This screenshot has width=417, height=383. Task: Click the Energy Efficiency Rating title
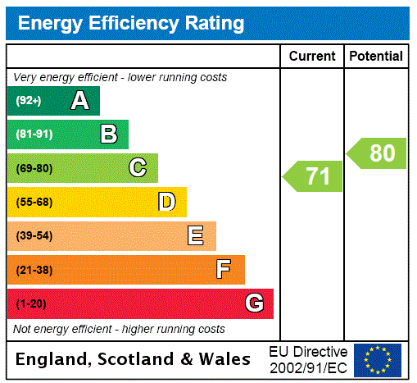point(131,23)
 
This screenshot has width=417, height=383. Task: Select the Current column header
point(312,56)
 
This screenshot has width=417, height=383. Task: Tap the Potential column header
point(376,56)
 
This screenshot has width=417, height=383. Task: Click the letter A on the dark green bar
point(79,101)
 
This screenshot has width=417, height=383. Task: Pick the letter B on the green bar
point(108,135)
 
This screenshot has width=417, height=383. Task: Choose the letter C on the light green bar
point(138,168)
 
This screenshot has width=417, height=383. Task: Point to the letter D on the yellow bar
point(166,202)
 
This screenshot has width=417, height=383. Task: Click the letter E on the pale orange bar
point(196,236)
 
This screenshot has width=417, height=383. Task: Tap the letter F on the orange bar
point(224,270)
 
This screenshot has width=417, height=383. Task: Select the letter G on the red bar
point(254,303)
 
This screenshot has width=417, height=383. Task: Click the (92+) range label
point(29,101)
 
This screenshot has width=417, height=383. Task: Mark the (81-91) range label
point(34,135)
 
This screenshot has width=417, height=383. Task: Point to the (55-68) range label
point(34,202)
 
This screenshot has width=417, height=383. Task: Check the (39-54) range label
point(34,236)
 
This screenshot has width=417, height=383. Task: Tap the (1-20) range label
point(31,303)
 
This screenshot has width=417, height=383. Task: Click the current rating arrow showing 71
point(314,176)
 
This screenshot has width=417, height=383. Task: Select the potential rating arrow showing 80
point(377,153)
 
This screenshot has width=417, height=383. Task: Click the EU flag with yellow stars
point(378,359)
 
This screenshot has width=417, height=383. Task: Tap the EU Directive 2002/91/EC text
point(308,359)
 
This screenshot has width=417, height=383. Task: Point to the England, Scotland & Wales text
point(134,359)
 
